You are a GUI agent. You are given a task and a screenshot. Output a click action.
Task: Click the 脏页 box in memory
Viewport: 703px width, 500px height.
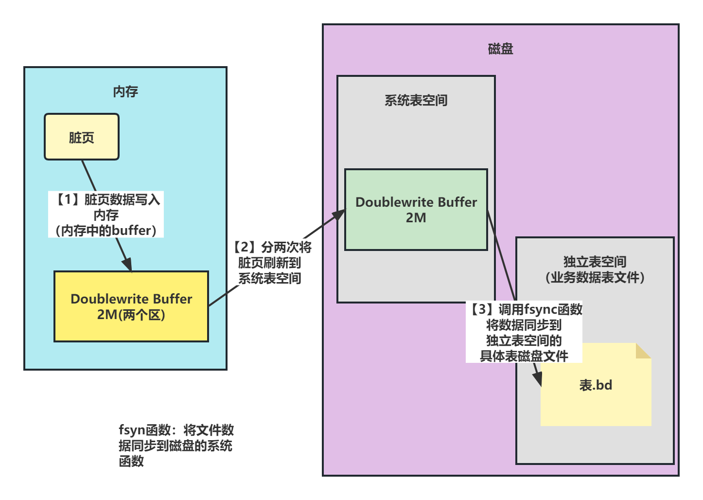(x=82, y=137)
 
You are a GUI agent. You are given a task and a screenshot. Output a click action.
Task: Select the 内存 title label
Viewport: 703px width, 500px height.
(x=125, y=91)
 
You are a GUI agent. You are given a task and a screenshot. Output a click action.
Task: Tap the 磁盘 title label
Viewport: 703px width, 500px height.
(x=500, y=49)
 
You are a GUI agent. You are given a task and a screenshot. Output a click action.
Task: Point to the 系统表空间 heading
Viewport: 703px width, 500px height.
(x=416, y=100)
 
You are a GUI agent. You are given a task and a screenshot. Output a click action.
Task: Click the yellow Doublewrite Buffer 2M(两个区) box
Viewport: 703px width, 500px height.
(x=131, y=306)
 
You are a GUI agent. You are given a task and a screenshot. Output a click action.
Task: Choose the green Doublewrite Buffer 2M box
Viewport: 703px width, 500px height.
(x=416, y=210)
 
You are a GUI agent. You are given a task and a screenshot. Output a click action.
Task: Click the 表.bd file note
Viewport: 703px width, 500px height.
(x=596, y=389)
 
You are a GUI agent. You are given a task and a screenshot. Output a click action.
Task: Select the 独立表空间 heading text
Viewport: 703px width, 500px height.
(x=595, y=262)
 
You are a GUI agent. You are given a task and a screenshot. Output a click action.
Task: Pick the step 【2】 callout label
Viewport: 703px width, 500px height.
(x=270, y=263)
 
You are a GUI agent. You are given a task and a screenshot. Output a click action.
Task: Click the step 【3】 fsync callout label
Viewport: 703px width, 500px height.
(x=524, y=332)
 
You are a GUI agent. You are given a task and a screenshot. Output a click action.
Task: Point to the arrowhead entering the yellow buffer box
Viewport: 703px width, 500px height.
(x=128, y=266)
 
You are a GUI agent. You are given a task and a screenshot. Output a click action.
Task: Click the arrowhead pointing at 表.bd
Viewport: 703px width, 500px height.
(x=538, y=380)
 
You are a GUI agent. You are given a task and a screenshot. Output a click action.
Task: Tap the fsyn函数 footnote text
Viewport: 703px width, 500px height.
(x=176, y=445)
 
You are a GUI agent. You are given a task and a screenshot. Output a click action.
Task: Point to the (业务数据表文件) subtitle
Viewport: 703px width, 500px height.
(x=595, y=277)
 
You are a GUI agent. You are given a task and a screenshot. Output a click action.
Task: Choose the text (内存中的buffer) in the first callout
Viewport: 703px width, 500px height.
(x=106, y=230)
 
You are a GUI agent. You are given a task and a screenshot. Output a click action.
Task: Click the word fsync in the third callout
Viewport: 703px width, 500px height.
(x=540, y=309)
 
